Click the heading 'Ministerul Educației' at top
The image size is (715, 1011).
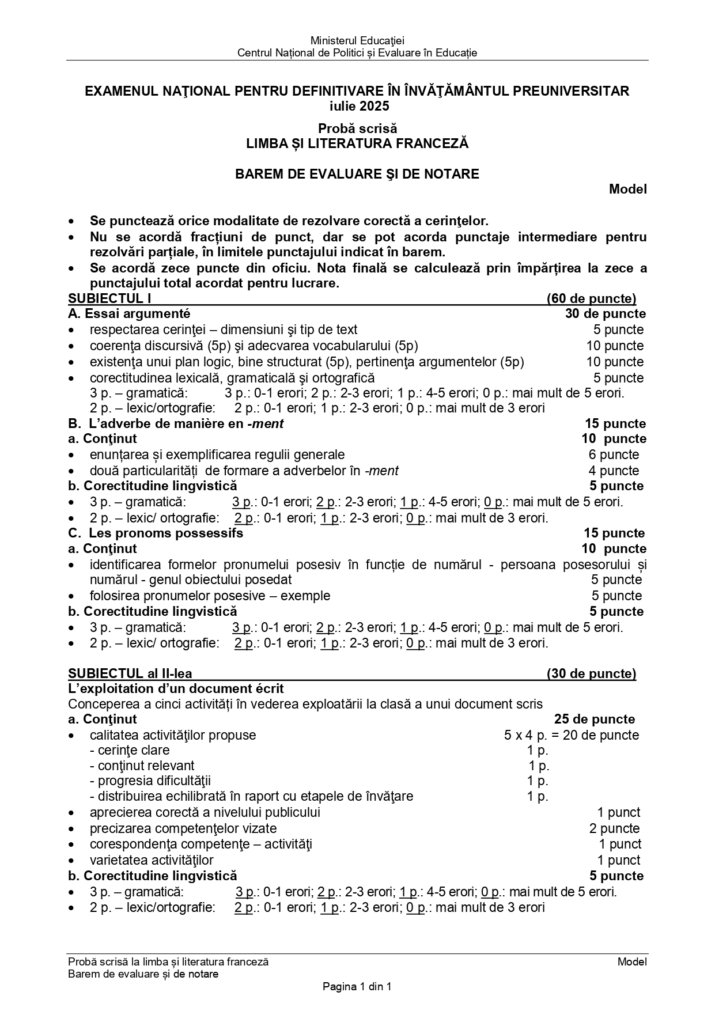point(357,41)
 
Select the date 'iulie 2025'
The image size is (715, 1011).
point(357,107)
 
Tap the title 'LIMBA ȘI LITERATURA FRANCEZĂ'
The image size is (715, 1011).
point(357,144)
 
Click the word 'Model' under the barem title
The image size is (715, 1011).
point(628,189)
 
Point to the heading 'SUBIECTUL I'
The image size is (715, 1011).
point(109,298)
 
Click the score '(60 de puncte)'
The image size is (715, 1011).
point(591,298)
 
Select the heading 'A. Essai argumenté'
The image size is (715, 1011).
point(129,314)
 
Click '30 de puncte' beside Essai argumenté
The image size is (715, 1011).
point(606,314)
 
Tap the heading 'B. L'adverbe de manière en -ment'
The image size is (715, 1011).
point(176,424)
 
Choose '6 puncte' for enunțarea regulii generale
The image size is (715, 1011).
point(614,455)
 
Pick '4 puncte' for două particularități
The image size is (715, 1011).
point(614,471)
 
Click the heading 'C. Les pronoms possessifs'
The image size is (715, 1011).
point(156,533)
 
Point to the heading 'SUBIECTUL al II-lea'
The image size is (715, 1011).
point(130,674)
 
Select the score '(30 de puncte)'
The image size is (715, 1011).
point(591,674)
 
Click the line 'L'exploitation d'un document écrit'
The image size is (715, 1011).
point(176,689)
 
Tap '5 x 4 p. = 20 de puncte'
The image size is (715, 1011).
point(572,735)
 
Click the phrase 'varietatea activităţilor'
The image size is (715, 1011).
point(152,861)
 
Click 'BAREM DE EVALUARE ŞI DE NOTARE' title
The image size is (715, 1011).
point(357,174)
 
